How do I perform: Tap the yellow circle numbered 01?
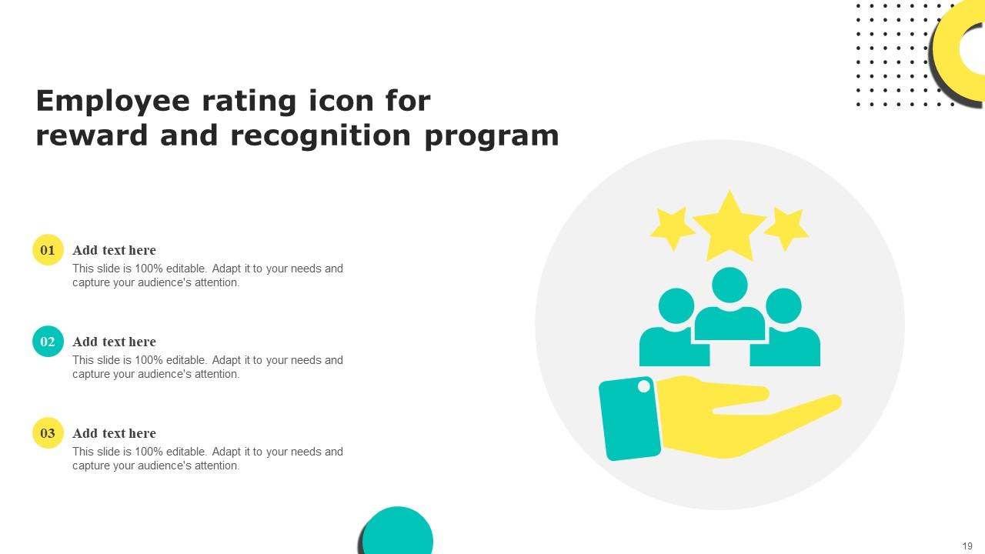coord(48,250)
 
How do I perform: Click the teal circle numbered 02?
coord(48,342)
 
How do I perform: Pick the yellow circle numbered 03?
coord(48,433)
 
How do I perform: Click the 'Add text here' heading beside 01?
coord(114,250)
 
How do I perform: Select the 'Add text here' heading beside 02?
coord(114,342)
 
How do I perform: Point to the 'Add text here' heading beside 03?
coord(114,433)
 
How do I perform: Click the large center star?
coord(729,227)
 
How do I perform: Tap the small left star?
coord(673,228)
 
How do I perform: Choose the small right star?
coord(786,228)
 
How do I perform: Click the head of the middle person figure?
coord(730,285)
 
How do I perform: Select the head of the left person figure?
coord(676,305)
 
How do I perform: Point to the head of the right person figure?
coord(783,305)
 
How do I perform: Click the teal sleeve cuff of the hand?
coord(629,419)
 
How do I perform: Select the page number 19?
coord(967,546)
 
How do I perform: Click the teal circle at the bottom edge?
coord(398,533)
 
